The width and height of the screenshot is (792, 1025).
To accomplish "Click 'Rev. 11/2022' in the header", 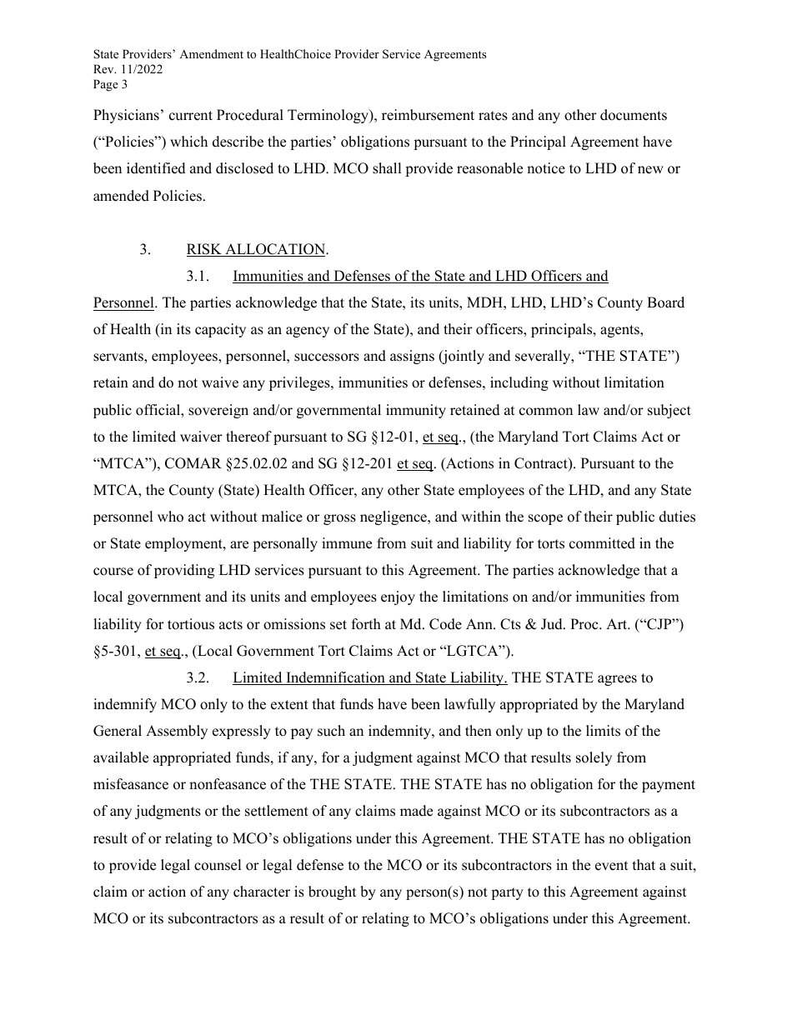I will (x=128, y=69).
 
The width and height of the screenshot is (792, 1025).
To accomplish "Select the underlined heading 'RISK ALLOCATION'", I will (x=256, y=249).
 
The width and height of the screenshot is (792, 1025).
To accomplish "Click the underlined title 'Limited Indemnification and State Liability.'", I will (x=370, y=677).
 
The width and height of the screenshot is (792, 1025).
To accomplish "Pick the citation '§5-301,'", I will (x=117, y=651).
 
